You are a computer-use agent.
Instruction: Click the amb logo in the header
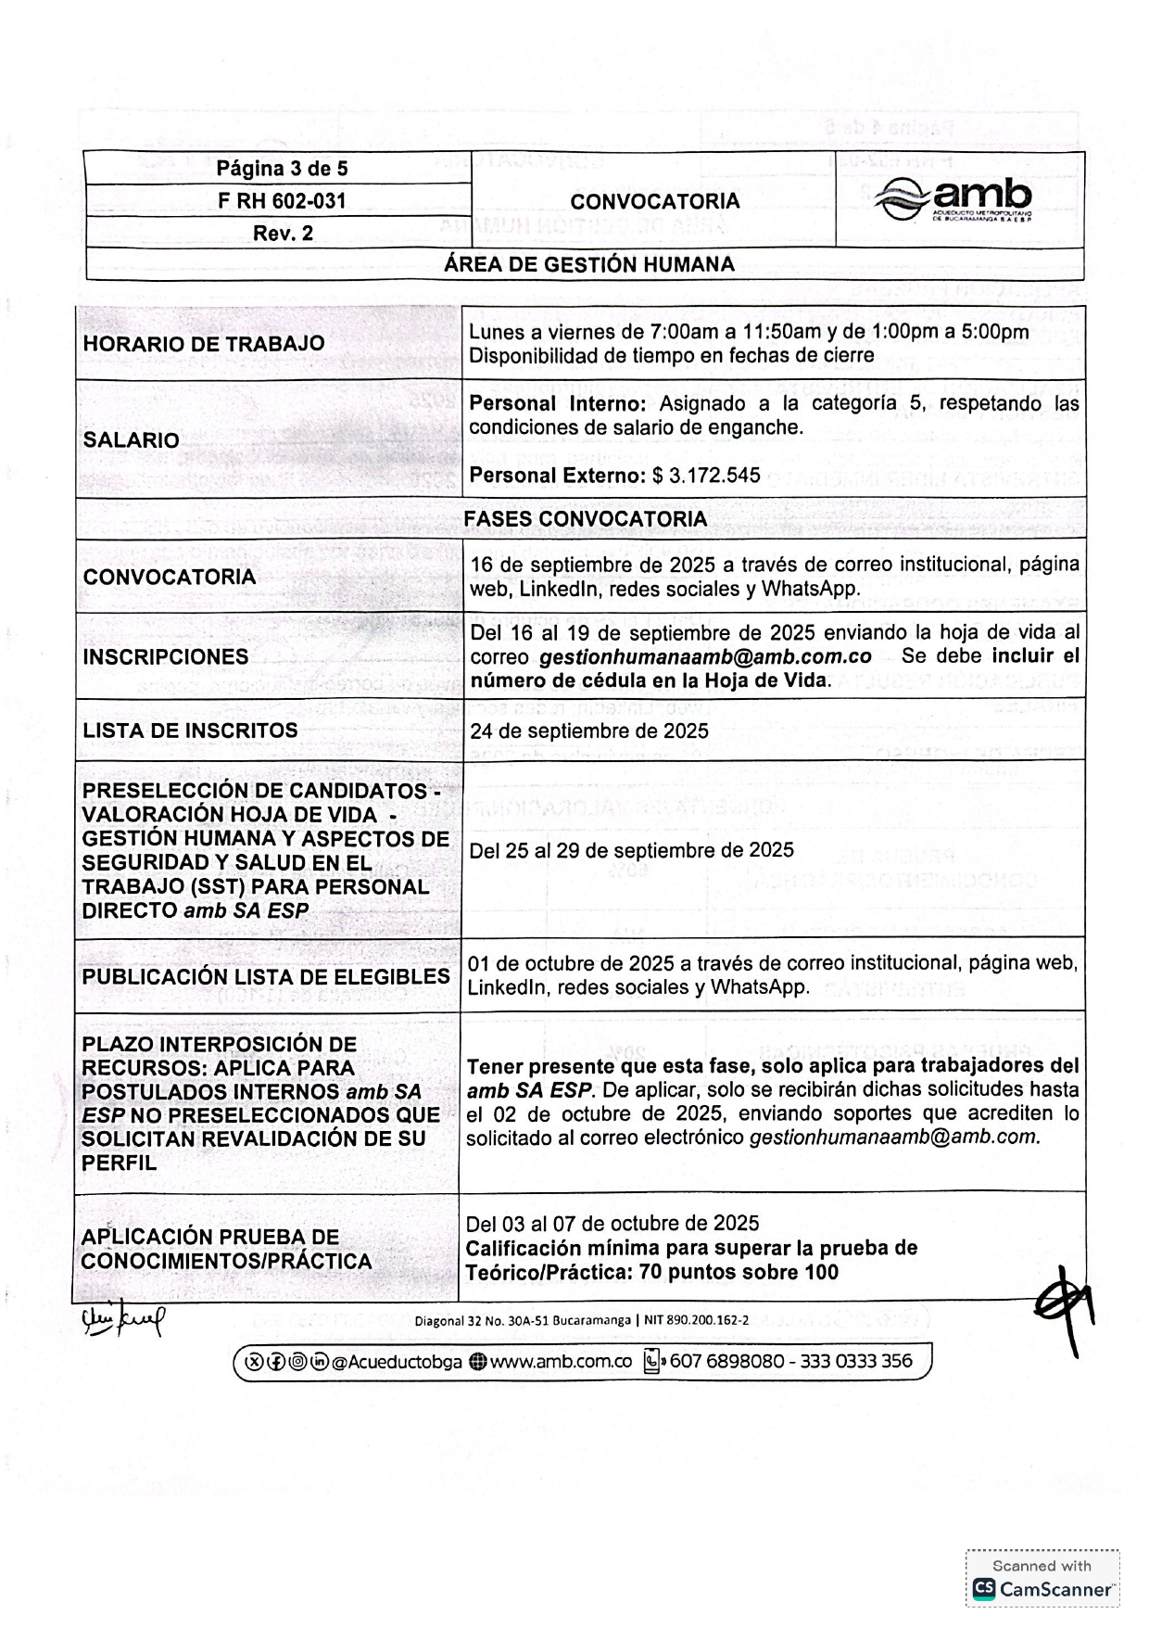coord(958,199)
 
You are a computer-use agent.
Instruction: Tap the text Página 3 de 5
coord(282,169)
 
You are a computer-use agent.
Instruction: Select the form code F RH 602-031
coord(282,201)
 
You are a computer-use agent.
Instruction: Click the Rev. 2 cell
coord(283,234)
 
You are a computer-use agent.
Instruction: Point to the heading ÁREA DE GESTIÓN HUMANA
coord(588,264)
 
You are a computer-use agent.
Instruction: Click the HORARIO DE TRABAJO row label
coord(204,343)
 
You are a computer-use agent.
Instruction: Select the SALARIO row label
coord(131,440)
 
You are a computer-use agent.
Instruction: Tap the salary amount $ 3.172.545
coord(706,476)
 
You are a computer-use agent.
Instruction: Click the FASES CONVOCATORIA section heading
coord(585,519)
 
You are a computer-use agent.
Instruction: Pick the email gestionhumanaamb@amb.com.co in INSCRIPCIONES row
coord(705,657)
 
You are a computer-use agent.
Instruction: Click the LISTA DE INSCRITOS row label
coord(190,731)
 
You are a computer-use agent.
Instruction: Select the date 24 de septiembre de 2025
coord(589,731)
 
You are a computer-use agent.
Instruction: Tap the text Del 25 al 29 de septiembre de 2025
coord(631,851)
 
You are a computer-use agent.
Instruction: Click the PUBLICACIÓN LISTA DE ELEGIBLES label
coord(265,977)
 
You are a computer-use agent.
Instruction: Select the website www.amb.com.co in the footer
coord(560,1362)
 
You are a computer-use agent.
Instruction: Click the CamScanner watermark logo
coord(1042,1588)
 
